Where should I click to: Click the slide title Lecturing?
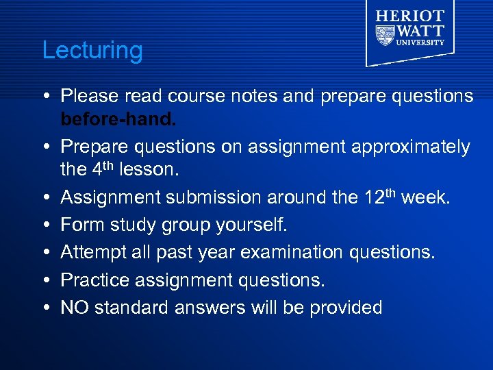(x=92, y=51)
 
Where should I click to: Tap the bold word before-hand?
(x=118, y=120)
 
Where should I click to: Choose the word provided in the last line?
(x=346, y=308)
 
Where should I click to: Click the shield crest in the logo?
(x=385, y=34)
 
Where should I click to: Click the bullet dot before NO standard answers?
(x=45, y=308)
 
